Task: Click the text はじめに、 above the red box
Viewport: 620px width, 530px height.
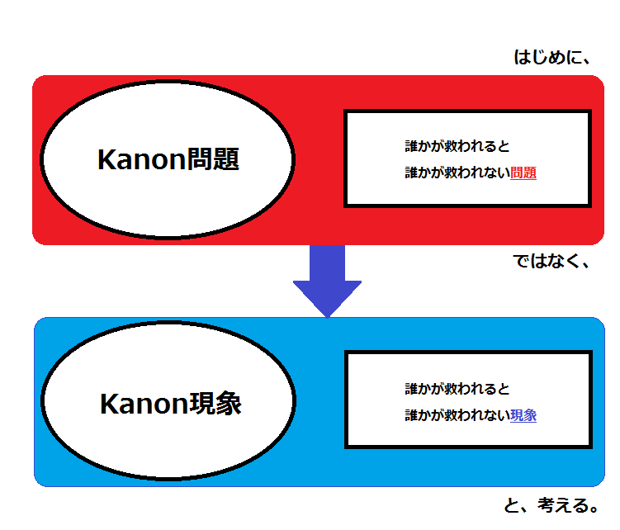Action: coord(552,57)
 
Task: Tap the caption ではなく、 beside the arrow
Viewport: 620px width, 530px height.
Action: coord(551,261)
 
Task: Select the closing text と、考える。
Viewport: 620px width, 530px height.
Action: coord(551,505)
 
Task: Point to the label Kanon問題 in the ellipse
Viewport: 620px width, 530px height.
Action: coord(168,159)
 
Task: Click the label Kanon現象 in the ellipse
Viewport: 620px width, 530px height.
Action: coord(170,404)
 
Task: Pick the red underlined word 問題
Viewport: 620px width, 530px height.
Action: coord(523,173)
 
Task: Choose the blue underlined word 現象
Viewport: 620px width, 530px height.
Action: coord(523,415)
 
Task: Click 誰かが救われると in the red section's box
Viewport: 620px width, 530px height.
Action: coord(457,146)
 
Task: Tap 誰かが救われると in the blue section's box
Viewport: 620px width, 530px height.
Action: coord(457,389)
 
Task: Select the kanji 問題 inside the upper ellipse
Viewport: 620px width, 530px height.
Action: coord(213,159)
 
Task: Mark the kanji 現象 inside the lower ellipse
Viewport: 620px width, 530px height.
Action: coord(215,404)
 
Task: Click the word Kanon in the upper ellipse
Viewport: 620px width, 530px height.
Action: coord(141,160)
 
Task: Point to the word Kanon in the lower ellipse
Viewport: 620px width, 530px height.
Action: coord(144,404)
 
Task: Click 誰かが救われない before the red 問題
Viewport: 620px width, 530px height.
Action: coord(457,173)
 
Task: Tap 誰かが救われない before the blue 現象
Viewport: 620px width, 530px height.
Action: coord(457,415)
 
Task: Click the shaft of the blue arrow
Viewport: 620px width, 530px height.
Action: coord(327,263)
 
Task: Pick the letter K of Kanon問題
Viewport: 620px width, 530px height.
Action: coord(106,160)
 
